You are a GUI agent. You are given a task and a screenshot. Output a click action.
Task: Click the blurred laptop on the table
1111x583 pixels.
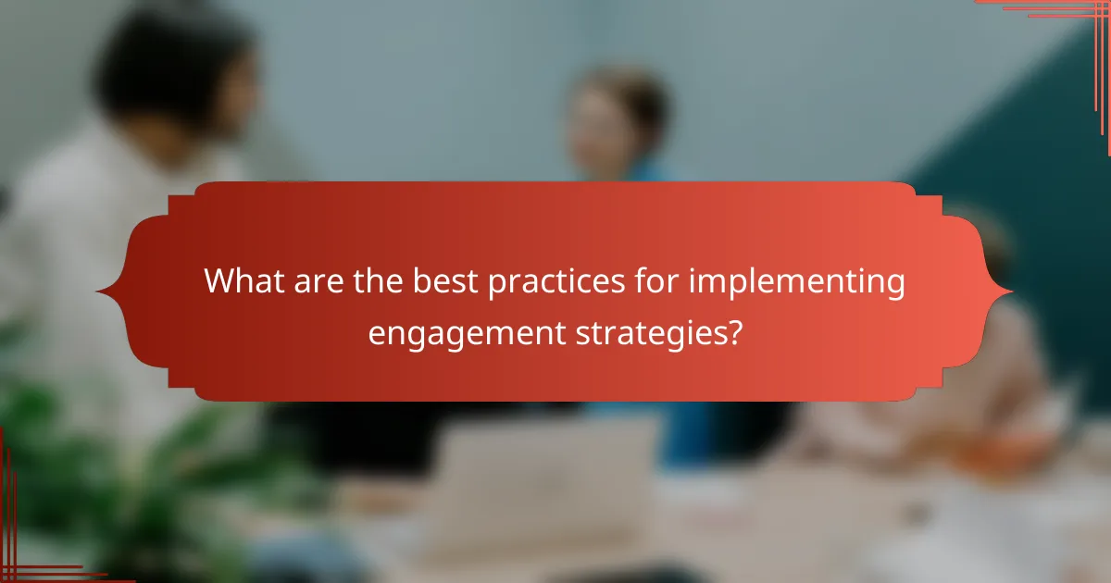pyautogui.click(x=546, y=481)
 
